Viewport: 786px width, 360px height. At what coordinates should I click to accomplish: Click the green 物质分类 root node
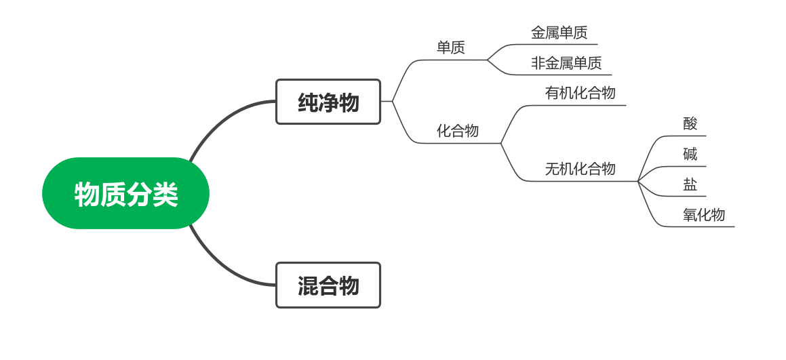click(x=125, y=194)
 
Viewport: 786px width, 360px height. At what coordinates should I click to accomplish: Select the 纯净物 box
click(x=328, y=102)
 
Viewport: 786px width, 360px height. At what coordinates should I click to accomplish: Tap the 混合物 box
click(x=328, y=285)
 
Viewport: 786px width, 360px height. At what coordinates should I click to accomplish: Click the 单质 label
click(x=450, y=47)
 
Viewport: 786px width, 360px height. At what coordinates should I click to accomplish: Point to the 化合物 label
click(x=457, y=131)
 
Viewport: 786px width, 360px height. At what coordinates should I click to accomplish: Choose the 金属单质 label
click(x=559, y=33)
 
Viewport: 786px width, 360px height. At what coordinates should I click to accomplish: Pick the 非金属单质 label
click(x=566, y=63)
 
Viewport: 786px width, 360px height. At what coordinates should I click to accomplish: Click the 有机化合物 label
click(x=580, y=93)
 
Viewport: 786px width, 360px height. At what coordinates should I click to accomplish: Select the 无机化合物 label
click(x=580, y=169)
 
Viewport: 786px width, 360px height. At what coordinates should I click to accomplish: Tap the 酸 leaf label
click(x=690, y=123)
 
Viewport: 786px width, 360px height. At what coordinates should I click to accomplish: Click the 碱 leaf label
click(x=690, y=154)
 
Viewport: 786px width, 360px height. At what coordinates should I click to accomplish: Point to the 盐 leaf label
click(x=690, y=184)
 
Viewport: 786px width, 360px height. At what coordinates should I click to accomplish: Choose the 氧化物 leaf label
click(x=703, y=215)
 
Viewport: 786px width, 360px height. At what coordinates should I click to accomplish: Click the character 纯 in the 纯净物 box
click(x=308, y=102)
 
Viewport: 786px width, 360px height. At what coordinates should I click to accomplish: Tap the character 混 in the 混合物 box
click(x=308, y=286)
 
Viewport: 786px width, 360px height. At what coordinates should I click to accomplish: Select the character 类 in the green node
click(x=165, y=195)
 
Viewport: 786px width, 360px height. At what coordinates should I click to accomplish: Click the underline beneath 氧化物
click(x=705, y=226)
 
